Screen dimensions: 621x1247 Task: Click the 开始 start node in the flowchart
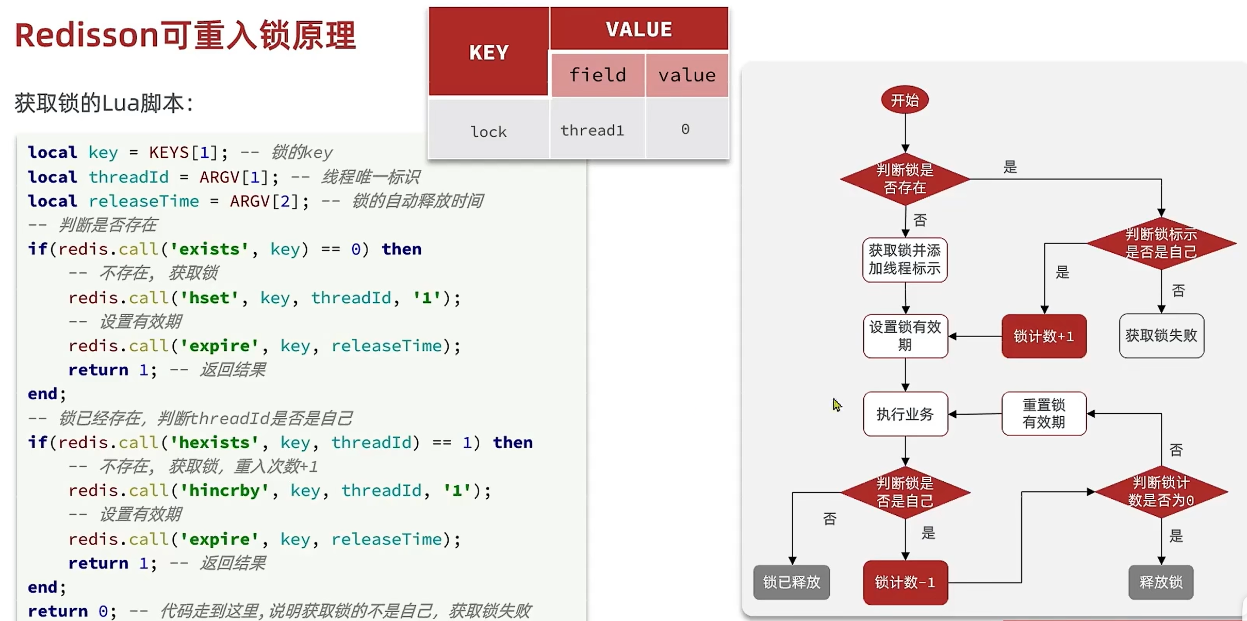coord(905,100)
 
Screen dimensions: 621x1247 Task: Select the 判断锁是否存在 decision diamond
coord(905,179)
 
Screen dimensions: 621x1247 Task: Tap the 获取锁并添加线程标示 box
coord(905,259)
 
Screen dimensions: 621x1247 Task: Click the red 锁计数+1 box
coord(1044,336)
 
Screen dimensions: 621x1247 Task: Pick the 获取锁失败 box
coord(1161,336)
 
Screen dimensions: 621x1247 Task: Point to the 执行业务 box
coord(905,414)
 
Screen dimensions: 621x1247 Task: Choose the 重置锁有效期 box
coord(1044,414)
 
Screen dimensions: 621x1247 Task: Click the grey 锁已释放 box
coord(792,582)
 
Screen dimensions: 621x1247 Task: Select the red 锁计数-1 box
coord(905,582)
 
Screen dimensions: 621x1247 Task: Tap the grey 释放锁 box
coord(1161,582)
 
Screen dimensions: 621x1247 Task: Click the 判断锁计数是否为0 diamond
coord(1161,492)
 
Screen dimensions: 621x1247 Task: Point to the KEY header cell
coord(489,52)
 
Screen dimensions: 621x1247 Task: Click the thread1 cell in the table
coord(592,130)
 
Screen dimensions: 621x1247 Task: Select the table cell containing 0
coord(685,129)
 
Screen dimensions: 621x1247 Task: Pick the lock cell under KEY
coord(488,132)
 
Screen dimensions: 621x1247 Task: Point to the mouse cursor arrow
coord(836,405)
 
